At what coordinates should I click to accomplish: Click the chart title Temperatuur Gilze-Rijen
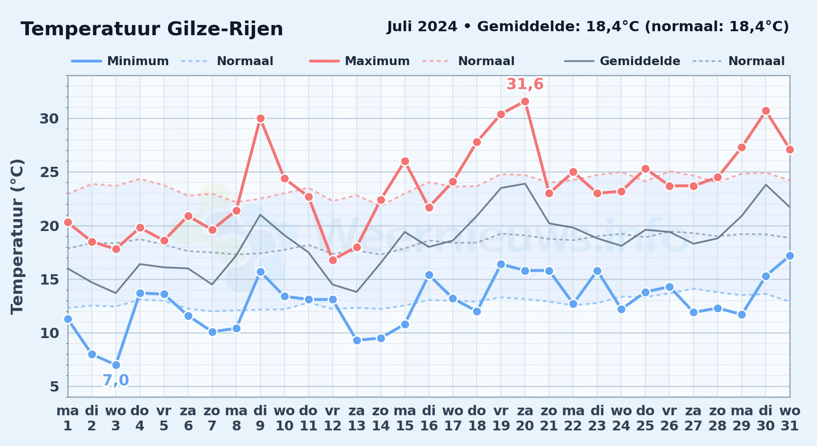click(x=152, y=29)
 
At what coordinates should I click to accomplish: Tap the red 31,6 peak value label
click(x=525, y=84)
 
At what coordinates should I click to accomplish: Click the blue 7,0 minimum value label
click(x=116, y=380)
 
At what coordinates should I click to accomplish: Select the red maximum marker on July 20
click(x=525, y=102)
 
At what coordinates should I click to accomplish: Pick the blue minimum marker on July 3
click(x=116, y=365)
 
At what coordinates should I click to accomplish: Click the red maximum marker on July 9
click(x=260, y=119)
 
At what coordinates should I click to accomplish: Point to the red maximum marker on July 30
click(x=766, y=111)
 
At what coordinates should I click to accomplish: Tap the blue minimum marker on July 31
click(x=790, y=256)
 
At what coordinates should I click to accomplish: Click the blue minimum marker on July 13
click(x=357, y=340)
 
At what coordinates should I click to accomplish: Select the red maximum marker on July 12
click(x=333, y=260)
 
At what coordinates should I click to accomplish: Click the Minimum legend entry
click(x=120, y=61)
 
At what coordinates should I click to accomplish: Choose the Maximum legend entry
click(x=359, y=61)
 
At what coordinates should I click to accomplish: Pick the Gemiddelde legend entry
click(x=622, y=61)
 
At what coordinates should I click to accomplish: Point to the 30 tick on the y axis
click(x=50, y=119)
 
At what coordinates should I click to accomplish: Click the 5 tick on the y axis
click(x=54, y=387)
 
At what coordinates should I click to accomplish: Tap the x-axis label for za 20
click(x=525, y=418)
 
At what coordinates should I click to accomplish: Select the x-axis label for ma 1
click(x=68, y=418)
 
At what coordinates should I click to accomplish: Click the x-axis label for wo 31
click(x=790, y=418)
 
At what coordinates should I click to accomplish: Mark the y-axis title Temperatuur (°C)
click(x=17, y=236)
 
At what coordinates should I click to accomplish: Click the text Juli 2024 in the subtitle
click(x=422, y=26)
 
